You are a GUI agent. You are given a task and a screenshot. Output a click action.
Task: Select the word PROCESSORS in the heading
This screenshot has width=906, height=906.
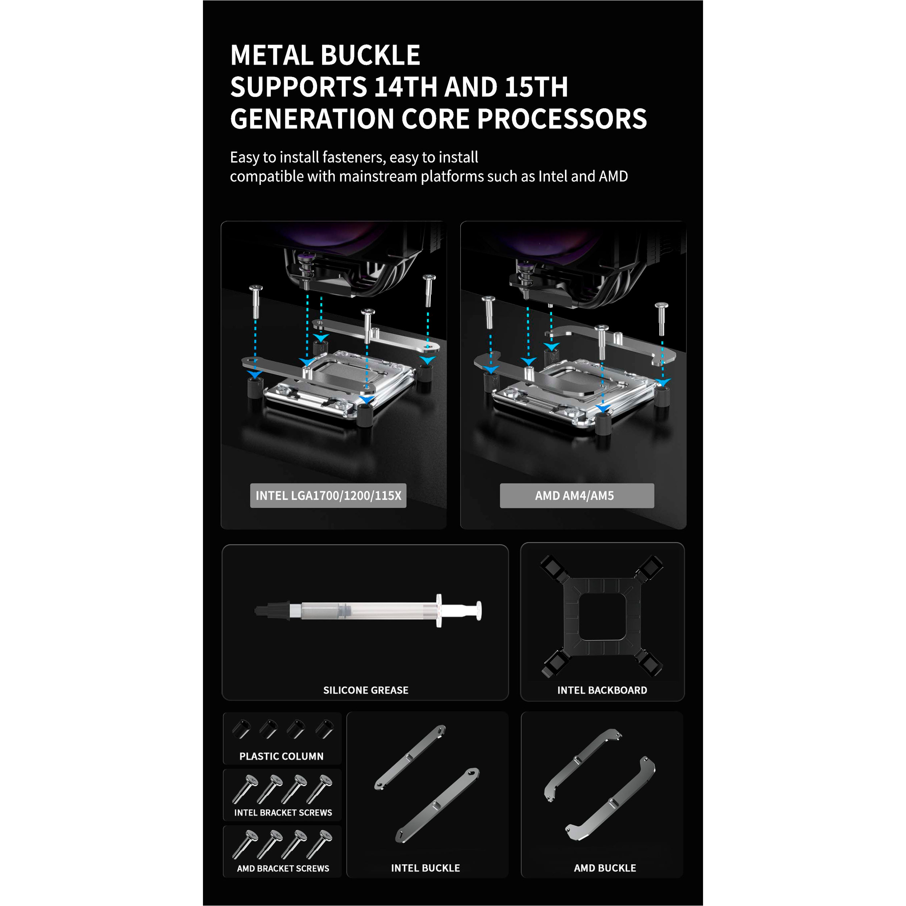pyautogui.click(x=562, y=119)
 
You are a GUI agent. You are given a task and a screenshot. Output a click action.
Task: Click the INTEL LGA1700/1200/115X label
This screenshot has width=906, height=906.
pyautogui.click(x=328, y=496)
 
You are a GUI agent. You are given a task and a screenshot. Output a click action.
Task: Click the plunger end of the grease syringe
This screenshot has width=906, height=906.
pyautogui.click(x=478, y=611)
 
